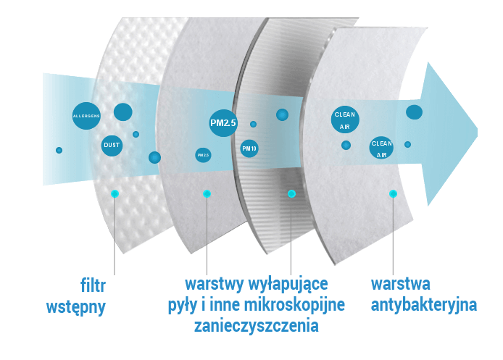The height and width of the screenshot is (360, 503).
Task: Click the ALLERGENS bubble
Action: click(x=86, y=116)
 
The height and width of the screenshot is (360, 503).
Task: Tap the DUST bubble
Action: click(x=112, y=146)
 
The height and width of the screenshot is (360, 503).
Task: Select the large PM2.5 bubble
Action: click(x=223, y=123)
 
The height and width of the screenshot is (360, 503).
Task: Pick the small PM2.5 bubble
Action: click(x=203, y=154)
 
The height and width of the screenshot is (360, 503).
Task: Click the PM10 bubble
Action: click(x=249, y=148)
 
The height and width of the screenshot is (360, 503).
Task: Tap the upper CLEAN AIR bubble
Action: click(x=344, y=120)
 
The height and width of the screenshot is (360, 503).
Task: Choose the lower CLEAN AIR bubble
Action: click(x=381, y=148)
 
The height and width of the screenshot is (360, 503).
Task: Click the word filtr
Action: click(x=93, y=283)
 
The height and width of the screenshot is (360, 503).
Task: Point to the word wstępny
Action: click(x=76, y=306)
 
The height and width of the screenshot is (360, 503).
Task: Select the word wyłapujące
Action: click(x=288, y=282)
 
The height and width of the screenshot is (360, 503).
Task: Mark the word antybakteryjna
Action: click(x=423, y=304)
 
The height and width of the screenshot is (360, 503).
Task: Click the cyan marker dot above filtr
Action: click(x=114, y=193)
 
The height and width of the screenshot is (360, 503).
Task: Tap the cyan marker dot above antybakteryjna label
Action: click(x=393, y=193)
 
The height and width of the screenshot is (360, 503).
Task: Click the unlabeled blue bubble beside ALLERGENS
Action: click(x=123, y=112)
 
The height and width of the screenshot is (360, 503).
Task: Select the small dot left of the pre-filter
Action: click(x=59, y=150)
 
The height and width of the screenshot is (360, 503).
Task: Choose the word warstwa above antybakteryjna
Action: click(x=401, y=282)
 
